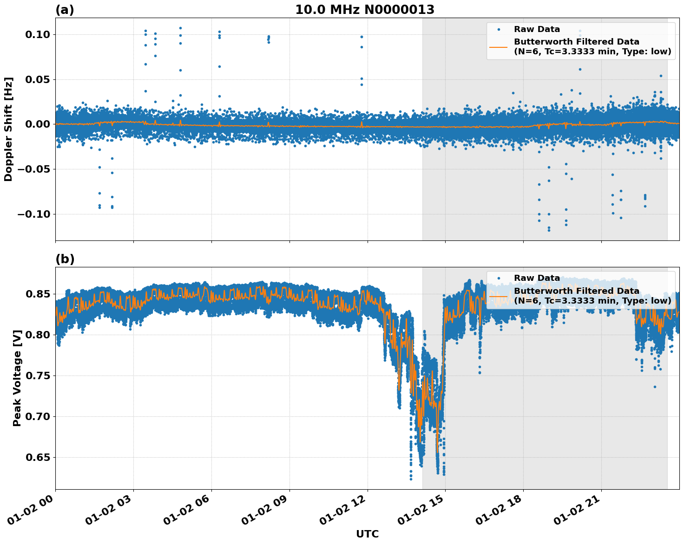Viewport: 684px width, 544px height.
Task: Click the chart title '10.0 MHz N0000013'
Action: point(365,10)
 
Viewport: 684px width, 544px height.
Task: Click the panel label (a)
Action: point(65,10)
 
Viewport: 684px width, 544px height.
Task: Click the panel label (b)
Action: point(65,259)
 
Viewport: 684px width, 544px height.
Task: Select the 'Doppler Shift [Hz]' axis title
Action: point(8,129)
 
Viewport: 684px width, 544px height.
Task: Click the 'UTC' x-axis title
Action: point(367,534)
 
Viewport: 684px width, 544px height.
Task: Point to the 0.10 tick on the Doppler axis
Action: point(38,35)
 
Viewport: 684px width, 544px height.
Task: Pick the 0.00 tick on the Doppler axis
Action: point(38,124)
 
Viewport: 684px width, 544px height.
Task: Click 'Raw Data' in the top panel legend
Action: point(537,29)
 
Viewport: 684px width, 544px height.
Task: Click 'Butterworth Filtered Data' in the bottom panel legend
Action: point(576,291)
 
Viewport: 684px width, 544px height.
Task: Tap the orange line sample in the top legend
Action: point(499,46)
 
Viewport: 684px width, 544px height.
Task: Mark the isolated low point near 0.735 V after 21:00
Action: point(655,387)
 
